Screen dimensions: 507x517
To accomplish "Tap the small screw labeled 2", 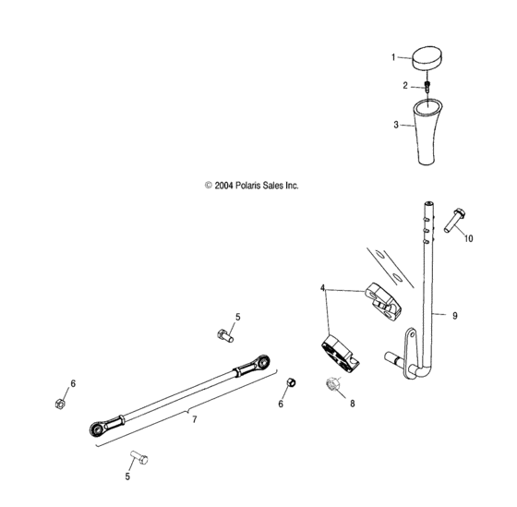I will point(428,86).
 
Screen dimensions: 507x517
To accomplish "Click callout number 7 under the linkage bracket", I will point(193,419).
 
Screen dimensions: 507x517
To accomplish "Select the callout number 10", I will point(468,238).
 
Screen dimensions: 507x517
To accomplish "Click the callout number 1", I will point(392,57).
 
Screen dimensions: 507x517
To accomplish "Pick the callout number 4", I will point(323,288).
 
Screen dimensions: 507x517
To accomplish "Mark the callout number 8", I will point(352,403).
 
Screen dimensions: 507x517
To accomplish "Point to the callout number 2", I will point(403,85).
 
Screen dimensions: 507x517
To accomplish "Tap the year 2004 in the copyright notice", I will point(224,185).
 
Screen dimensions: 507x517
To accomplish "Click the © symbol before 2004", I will point(209,185).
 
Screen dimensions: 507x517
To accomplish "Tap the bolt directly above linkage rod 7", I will point(222,335).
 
